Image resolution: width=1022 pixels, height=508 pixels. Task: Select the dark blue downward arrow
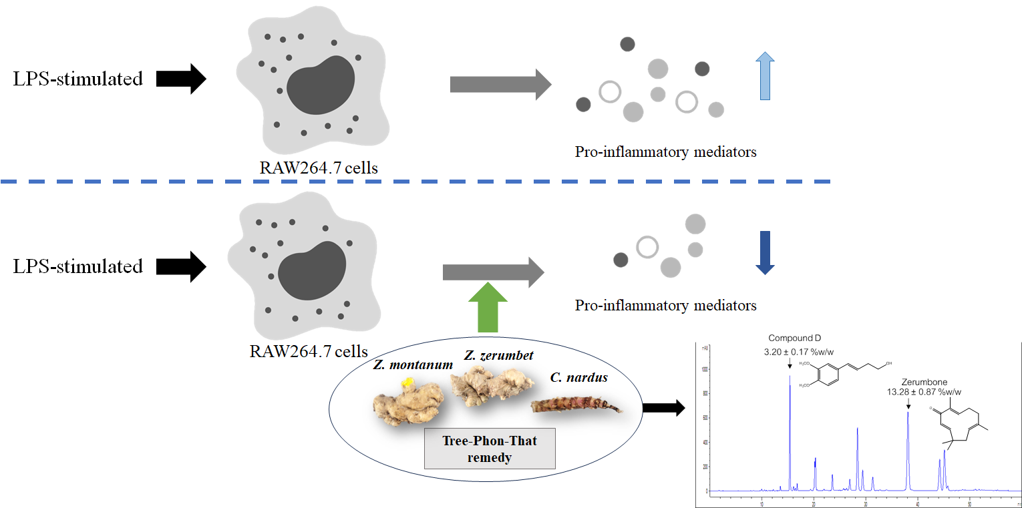pos(764,252)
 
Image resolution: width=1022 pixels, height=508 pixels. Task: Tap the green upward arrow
pos(492,307)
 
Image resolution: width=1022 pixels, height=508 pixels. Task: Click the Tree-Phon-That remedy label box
pos(490,448)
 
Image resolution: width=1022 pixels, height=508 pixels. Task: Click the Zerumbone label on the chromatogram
pos(922,383)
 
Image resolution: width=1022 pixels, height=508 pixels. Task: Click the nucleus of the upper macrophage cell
pos(321,86)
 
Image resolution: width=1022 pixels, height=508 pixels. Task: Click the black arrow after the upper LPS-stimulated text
pos(181,79)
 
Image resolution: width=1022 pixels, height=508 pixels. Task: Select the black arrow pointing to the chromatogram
pos(663,408)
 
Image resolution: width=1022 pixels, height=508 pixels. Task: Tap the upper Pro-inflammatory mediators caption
pos(665,152)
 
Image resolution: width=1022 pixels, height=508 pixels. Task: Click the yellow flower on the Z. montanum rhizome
pos(405,383)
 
